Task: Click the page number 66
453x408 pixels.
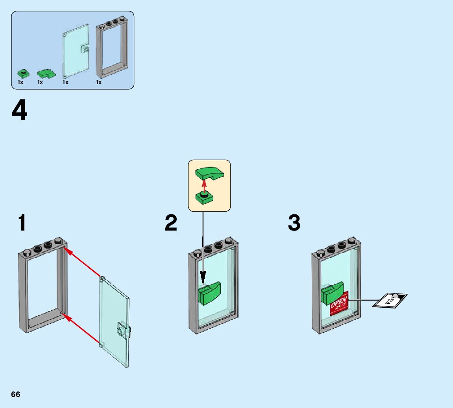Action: pos(15,395)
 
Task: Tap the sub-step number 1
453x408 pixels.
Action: pos(22,223)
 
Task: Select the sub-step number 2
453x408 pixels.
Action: pos(171,223)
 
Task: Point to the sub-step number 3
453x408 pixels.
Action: pos(294,223)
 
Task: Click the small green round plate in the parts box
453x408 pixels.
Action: pos(23,73)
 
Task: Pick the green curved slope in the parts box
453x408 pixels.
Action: pos(46,74)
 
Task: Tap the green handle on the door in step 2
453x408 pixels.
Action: pos(210,294)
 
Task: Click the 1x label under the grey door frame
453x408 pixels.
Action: pos(99,83)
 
